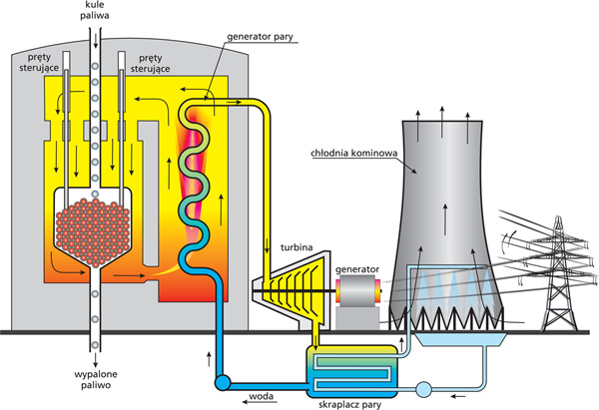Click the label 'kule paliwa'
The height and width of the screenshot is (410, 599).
coord(96,11)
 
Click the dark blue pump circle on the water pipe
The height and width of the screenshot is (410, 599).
coord(222,380)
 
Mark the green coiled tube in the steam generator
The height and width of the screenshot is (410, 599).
coord(196,180)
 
